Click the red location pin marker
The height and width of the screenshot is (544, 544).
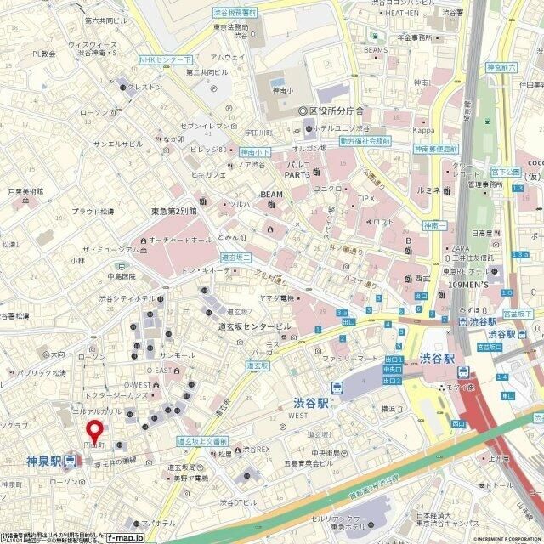(x=96, y=431)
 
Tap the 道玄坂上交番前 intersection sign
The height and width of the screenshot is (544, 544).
(x=202, y=441)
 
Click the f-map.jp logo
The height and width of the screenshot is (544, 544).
(x=124, y=537)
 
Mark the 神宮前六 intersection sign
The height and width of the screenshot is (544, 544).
(x=501, y=67)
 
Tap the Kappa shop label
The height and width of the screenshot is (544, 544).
(x=424, y=130)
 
